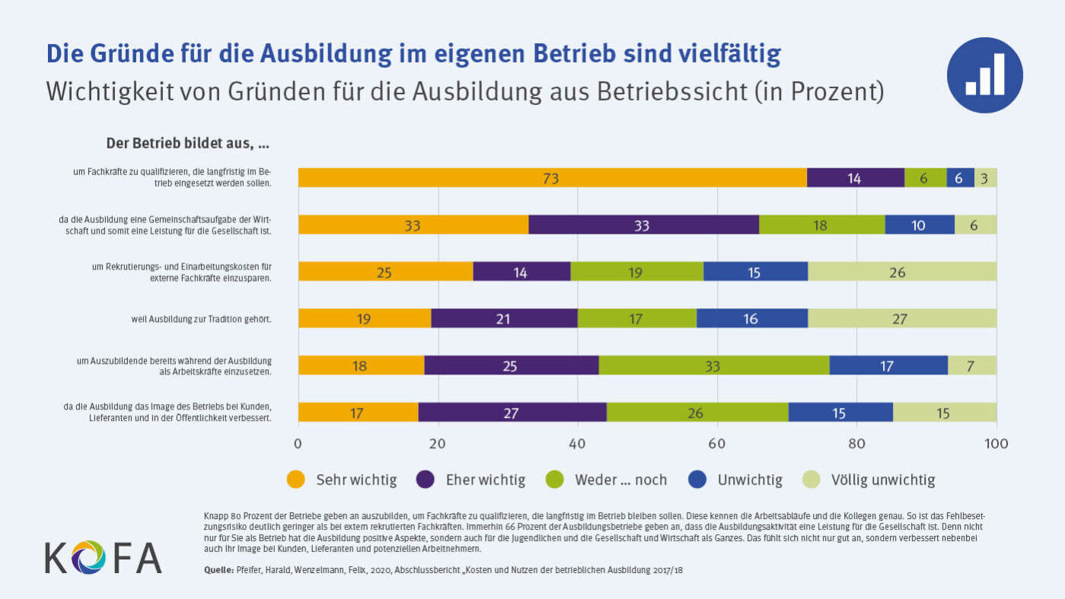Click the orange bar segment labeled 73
coord(552,178)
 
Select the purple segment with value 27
coord(512,413)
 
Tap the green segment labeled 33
coord(713,365)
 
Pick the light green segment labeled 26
coord(901,272)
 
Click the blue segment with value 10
coord(919,225)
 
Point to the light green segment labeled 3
coord(985,178)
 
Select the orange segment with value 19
coord(364,318)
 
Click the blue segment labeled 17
coord(888,365)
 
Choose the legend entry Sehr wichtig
coord(342,480)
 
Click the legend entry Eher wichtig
coord(470,480)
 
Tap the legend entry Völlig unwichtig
coord(869,480)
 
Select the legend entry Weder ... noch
coord(607,480)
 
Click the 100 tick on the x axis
coord(996,443)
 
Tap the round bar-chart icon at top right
coord(984,75)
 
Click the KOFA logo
coord(103,556)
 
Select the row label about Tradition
coord(201,319)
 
